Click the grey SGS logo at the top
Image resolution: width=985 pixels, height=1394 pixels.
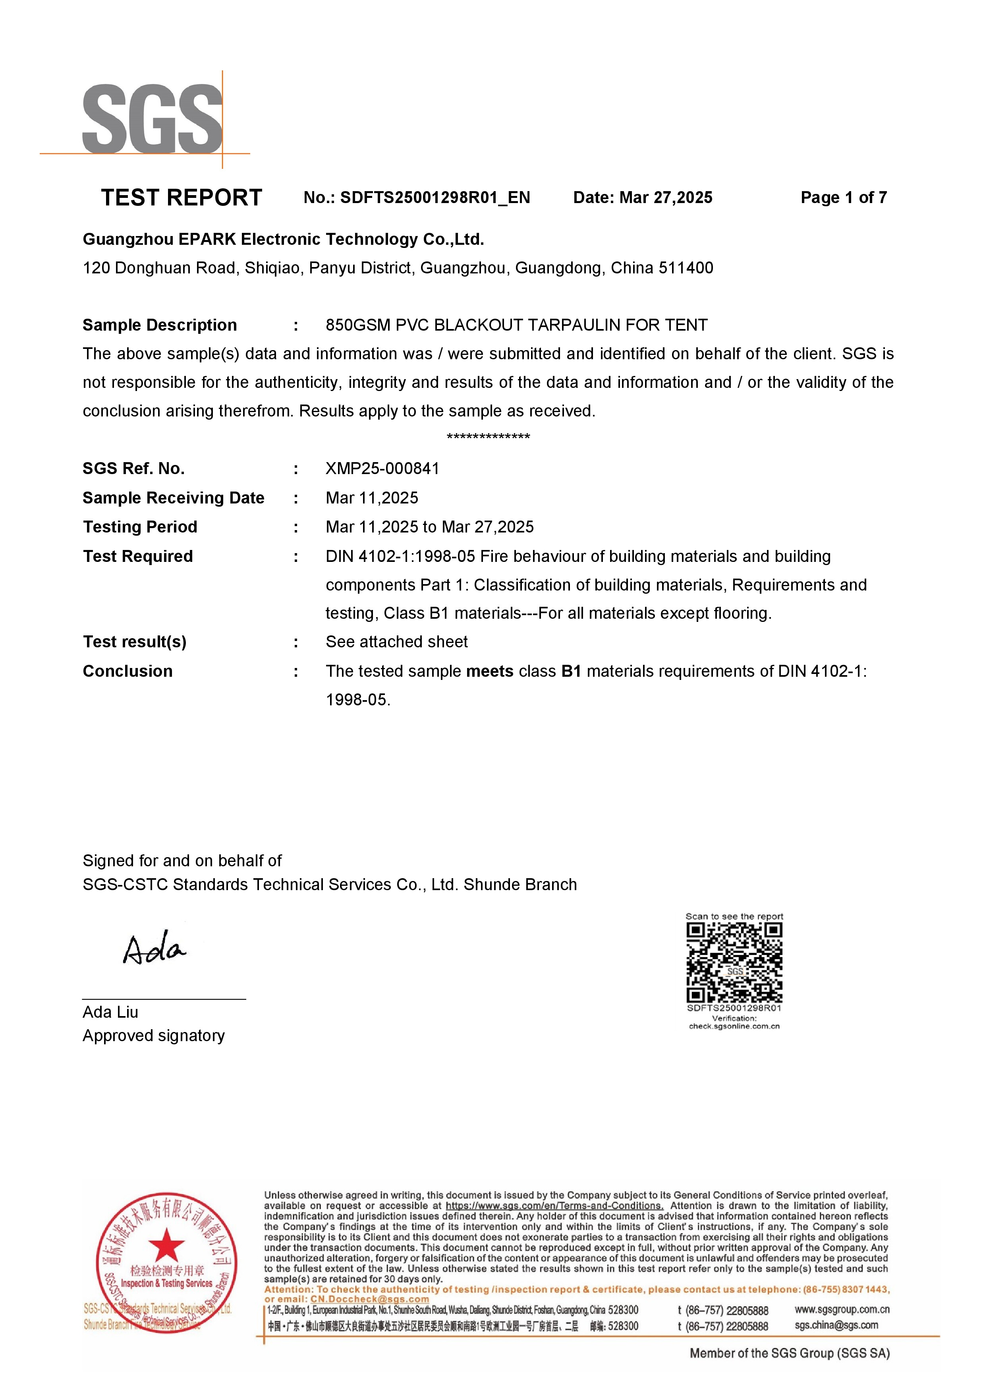point(152,118)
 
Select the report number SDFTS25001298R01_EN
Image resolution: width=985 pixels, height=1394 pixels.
point(435,198)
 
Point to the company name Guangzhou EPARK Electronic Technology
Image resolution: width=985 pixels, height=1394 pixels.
point(283,239)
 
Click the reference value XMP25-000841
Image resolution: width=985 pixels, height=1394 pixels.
point(382,469)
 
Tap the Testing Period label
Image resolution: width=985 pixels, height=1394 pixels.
point(140,527)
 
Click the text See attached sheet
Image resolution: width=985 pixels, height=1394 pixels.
point(396,642)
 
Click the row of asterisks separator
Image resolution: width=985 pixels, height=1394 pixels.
point(488,437)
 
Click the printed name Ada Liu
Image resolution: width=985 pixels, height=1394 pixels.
point(110,1012)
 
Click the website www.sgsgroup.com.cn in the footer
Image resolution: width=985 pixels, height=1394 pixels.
point(842,1310)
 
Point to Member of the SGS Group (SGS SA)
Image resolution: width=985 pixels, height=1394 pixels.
point(789,1353)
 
